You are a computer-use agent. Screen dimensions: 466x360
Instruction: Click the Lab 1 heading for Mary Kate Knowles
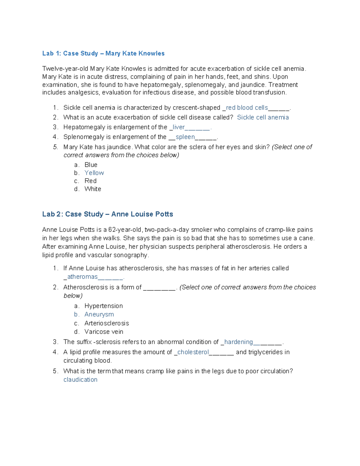pyautogui.click(x=103, y=53)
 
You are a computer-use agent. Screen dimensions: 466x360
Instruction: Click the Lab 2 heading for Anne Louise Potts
pyautogui.click(x=107, y=214)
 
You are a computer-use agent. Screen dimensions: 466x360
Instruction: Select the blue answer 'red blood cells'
pyautogui.click(x=247, y=108)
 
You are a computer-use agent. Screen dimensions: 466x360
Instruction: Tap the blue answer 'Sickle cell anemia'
pyautogui.click(x=263, y=117)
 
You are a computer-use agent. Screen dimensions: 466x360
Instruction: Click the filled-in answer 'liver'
pyautogui.click(x=178, y=127)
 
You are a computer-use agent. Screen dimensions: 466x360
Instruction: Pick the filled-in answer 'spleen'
pyautogui.click(x=185, y=137)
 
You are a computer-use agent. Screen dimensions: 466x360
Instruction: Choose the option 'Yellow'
pyautogui.click(x=94, y=173)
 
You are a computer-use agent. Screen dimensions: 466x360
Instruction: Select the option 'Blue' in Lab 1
pyautogui.click(x=91, y=165)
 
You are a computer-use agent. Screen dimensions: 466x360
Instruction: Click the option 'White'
pyautogui.click(x=93, y=189)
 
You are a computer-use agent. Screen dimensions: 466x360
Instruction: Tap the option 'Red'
pyautogui.click(x=90, y=181)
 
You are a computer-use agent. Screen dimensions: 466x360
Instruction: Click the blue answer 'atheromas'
pyautogui.click(x=82, y=277)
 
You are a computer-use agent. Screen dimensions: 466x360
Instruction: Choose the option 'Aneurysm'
pyautogui.click(x=99, y=314)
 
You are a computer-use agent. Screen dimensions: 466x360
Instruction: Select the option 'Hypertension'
pyautogui.click(x=103, y=306)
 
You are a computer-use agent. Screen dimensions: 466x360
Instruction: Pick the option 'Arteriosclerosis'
pyautogui.click(x=106, y=323)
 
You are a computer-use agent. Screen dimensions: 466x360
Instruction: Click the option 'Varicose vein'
pyautogui.click(x=104, y=332)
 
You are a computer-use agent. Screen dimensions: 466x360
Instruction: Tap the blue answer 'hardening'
pyautogui.click(x=238, y=342)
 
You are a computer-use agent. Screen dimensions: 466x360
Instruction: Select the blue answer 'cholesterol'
pyautogui.click(x=193, y=352)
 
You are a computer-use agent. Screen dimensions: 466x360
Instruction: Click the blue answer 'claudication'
pyautogui.click(x=80, y=380)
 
